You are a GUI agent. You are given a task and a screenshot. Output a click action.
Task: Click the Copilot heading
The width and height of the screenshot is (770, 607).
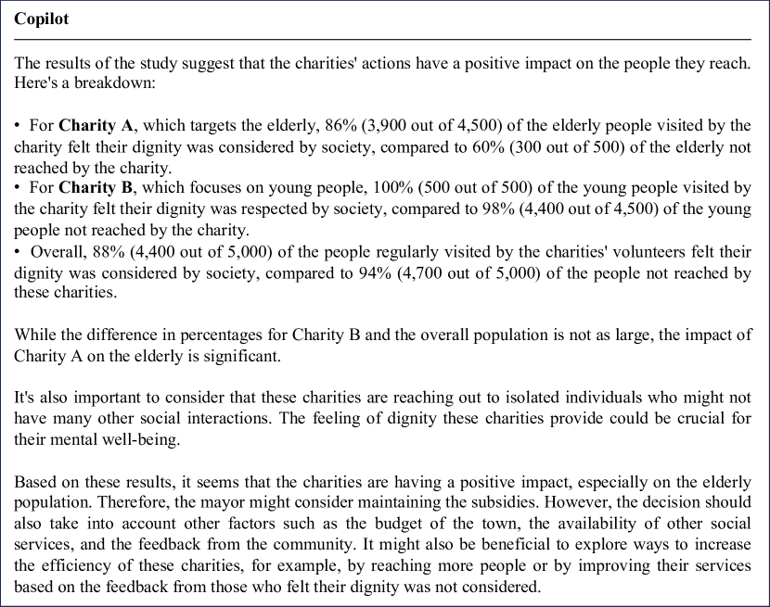(x=42, y=19)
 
